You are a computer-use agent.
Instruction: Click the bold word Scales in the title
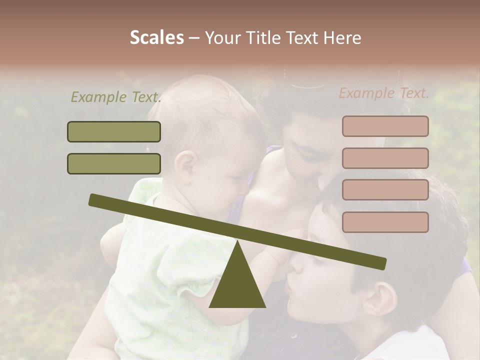click(x=156, y=38)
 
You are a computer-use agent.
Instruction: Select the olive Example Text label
click(x=116, y=97)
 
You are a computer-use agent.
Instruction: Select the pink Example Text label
click(x=384, y=93)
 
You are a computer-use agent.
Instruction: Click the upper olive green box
click(x=114, y=131)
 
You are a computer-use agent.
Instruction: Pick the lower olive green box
click(x=114, y=163)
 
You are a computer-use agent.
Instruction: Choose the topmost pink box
click(x=385, y=126)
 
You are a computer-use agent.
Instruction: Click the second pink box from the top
click(x=385, y=158)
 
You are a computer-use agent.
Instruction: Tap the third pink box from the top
click(x=385, y=190)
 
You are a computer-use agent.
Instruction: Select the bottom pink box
click(x=385, y=222)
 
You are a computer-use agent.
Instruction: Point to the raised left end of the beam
click(x=93, y=199)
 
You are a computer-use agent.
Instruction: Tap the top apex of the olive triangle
click(x=237, y=241)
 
